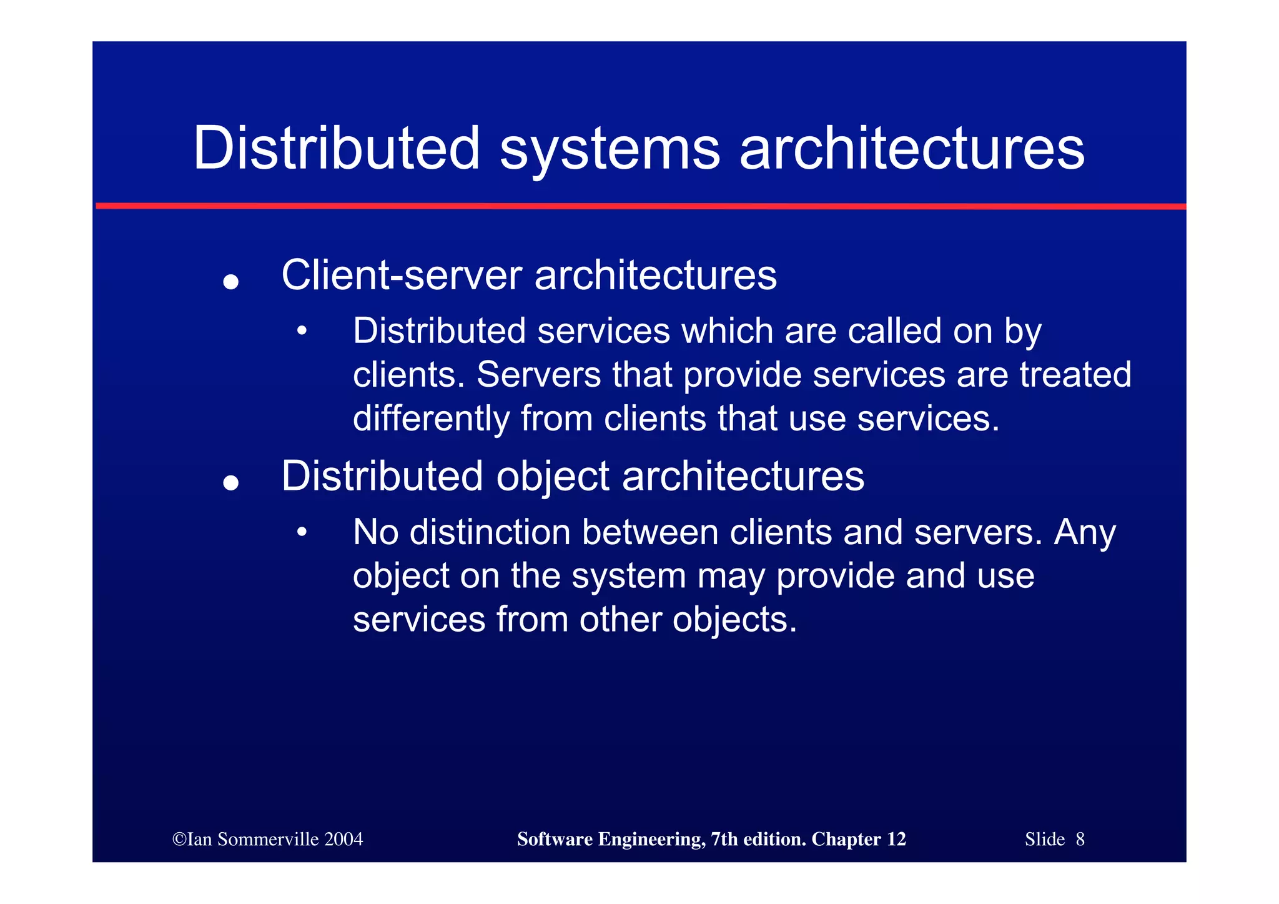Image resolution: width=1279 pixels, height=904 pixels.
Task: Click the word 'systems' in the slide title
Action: (610, 150)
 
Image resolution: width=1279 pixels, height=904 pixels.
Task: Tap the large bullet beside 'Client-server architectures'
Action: (231, 282)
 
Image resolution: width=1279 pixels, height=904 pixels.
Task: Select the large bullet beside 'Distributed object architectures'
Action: (231, 483)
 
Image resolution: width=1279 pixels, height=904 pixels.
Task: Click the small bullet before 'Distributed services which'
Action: (302, 331)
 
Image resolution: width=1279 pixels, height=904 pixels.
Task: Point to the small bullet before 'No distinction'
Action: (302, 533)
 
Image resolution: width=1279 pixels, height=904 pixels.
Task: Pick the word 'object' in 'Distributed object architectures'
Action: (553, 476)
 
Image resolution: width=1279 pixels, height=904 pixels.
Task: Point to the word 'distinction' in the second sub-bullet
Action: (490, 532)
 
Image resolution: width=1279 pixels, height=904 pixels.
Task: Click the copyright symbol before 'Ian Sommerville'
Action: (179, 840)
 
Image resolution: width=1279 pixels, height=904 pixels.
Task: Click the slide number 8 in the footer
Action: (1080, 840)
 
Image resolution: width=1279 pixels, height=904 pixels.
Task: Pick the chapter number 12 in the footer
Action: (896, 840)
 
